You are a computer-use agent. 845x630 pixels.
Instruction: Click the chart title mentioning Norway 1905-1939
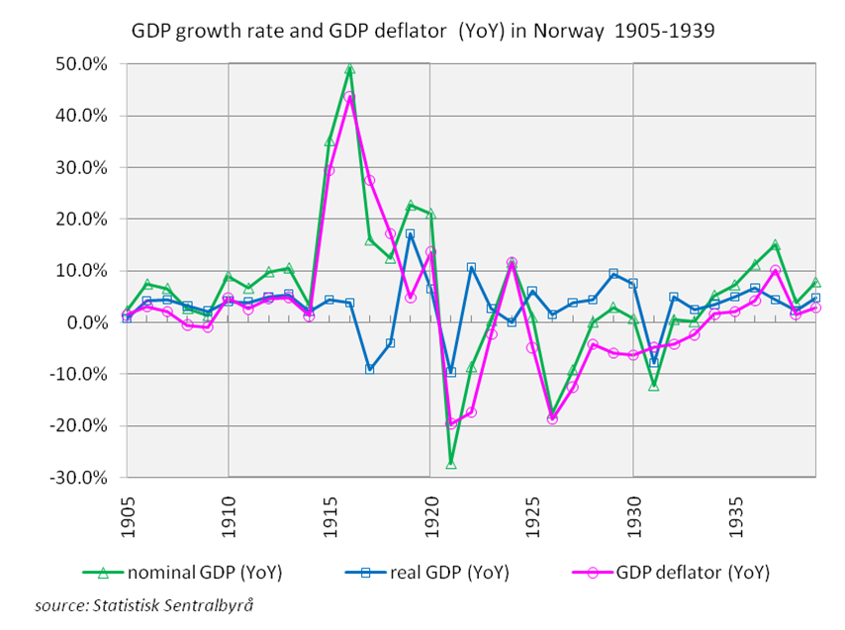pos(422,31)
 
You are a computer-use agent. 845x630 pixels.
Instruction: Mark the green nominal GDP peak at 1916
pos(349,69)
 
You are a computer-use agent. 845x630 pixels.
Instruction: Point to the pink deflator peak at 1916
pos(349,97)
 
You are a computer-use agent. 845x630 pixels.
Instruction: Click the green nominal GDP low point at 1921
pos(451,463)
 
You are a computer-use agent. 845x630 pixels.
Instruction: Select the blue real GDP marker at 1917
pos(370,369)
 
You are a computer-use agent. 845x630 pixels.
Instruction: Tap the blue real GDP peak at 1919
pos(411,234)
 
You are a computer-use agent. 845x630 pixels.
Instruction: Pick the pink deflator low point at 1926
pos(552,419)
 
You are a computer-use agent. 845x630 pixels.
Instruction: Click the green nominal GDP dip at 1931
pos(653,386)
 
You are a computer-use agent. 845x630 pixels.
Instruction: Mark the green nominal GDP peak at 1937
pos(775,244)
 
